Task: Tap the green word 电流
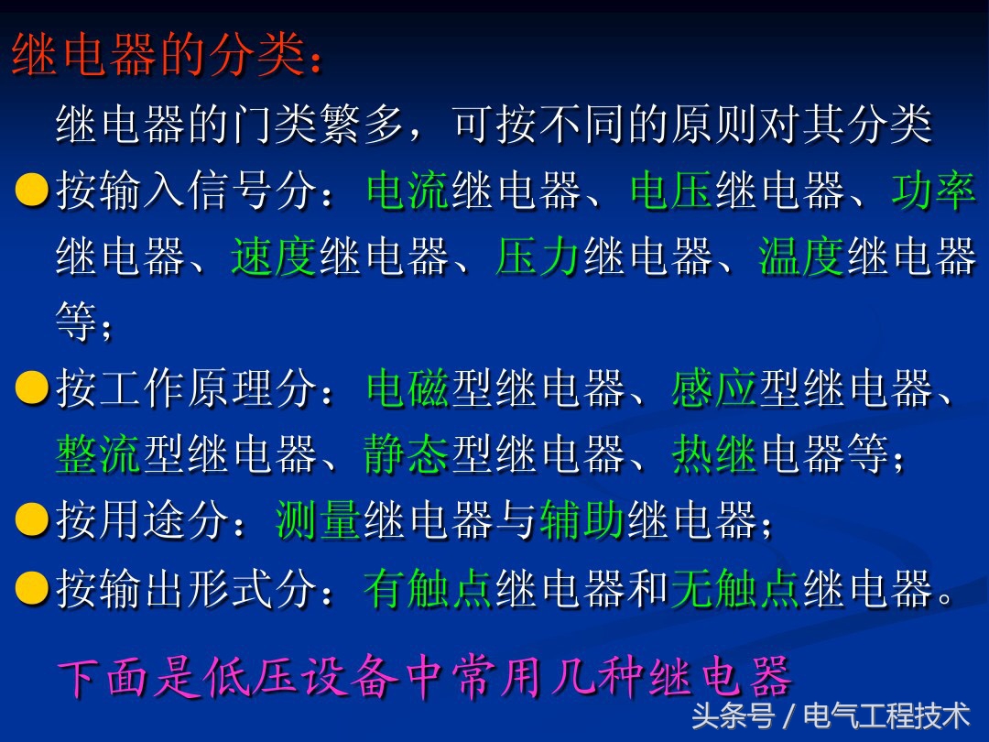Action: click(x=407, y=191)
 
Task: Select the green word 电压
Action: click(x=671, y=191)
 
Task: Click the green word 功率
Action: click(x=934, y=191)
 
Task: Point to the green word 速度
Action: click(x=274, y=257)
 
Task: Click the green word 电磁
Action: click(x=407, y=389)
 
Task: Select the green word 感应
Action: click(x=714, y=389)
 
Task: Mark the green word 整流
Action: click(x=99, y=455)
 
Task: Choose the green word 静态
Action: click(x=407, y=455)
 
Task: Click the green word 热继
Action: click(x=714, y=455)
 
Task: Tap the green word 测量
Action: click(x=319, y=521)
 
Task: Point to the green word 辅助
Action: click(x=582, y=521)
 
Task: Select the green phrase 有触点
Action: click(x=429, y=588)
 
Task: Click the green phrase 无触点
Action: click(x=736, y=588)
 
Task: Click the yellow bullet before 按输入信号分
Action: click(x=32, y=191)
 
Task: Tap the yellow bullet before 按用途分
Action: click(x=32, y=520)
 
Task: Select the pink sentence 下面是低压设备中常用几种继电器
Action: click(x=425, y=678)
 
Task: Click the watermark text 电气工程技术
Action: click(x=886, y=715)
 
